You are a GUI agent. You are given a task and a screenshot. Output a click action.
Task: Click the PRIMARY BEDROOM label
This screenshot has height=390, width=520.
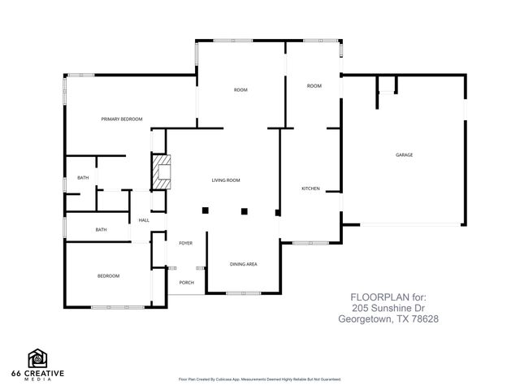[x=122, y=119]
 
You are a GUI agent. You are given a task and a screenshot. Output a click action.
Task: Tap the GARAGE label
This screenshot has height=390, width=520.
[x=404, y=154]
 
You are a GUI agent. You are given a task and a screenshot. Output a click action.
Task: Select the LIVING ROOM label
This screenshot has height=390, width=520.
[x=226, y=180]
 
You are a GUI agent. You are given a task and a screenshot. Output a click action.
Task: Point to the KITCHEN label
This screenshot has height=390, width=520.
[x=310, y=188]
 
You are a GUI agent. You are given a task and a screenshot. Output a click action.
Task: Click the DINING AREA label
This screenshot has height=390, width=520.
[x=244, y=264]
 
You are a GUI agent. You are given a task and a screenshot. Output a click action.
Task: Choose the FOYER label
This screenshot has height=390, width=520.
[x=184, y=243]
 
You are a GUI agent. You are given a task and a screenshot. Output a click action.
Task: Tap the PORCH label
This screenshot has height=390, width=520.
[x=186, y=283]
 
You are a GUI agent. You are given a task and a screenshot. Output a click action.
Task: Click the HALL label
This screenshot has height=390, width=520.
[x=144, y=220]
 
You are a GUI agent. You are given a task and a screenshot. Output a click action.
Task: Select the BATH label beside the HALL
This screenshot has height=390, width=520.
[x=101, y=230]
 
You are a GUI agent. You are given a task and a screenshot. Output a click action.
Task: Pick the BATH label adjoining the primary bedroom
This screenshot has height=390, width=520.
[x=83, y=177]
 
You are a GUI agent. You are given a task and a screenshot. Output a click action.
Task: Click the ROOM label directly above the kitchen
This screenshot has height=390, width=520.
[x=314, y=86]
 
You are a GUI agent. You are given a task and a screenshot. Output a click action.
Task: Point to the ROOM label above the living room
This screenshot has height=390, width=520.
[x=240, y=89]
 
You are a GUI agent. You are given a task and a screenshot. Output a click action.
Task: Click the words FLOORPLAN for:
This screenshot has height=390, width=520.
[x=388, y=297]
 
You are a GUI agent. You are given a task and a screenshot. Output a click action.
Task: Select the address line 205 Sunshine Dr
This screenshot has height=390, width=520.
[x=388, y=308]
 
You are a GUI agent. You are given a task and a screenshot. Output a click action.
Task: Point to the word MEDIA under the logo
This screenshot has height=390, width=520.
[x=38, y=379]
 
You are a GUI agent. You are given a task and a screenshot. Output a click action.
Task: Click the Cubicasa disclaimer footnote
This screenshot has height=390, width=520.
[x=259, y=379]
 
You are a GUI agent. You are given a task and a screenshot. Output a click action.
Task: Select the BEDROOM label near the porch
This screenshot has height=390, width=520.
[x=108, y=276]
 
